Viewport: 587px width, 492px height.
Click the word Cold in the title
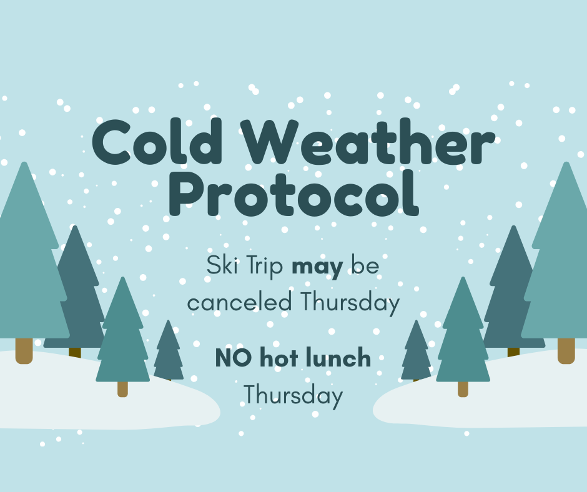pos(157,142)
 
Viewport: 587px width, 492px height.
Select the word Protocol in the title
pos(294,193)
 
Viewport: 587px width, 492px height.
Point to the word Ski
pos(223,265)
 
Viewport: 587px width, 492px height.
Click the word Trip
pos(265,266)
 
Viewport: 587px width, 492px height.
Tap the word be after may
pos(365,265)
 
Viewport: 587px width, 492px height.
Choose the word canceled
pos(240,302)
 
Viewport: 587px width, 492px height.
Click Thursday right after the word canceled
pos(350,303)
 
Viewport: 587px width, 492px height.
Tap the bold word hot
pos(279,357)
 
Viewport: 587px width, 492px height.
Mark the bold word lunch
pos(338,357)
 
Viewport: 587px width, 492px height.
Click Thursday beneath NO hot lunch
pos(293,396)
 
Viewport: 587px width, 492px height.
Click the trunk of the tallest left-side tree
pos(24,351)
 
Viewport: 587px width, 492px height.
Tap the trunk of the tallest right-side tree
pos(566,351)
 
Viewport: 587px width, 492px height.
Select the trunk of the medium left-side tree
pos(123,389)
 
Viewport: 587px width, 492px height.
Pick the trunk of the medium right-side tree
pos(463,389)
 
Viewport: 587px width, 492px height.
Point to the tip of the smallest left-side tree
pos(169,320)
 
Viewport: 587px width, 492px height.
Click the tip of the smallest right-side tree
pos(416,320)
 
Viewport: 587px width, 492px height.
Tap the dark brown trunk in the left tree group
pos(75,352)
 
